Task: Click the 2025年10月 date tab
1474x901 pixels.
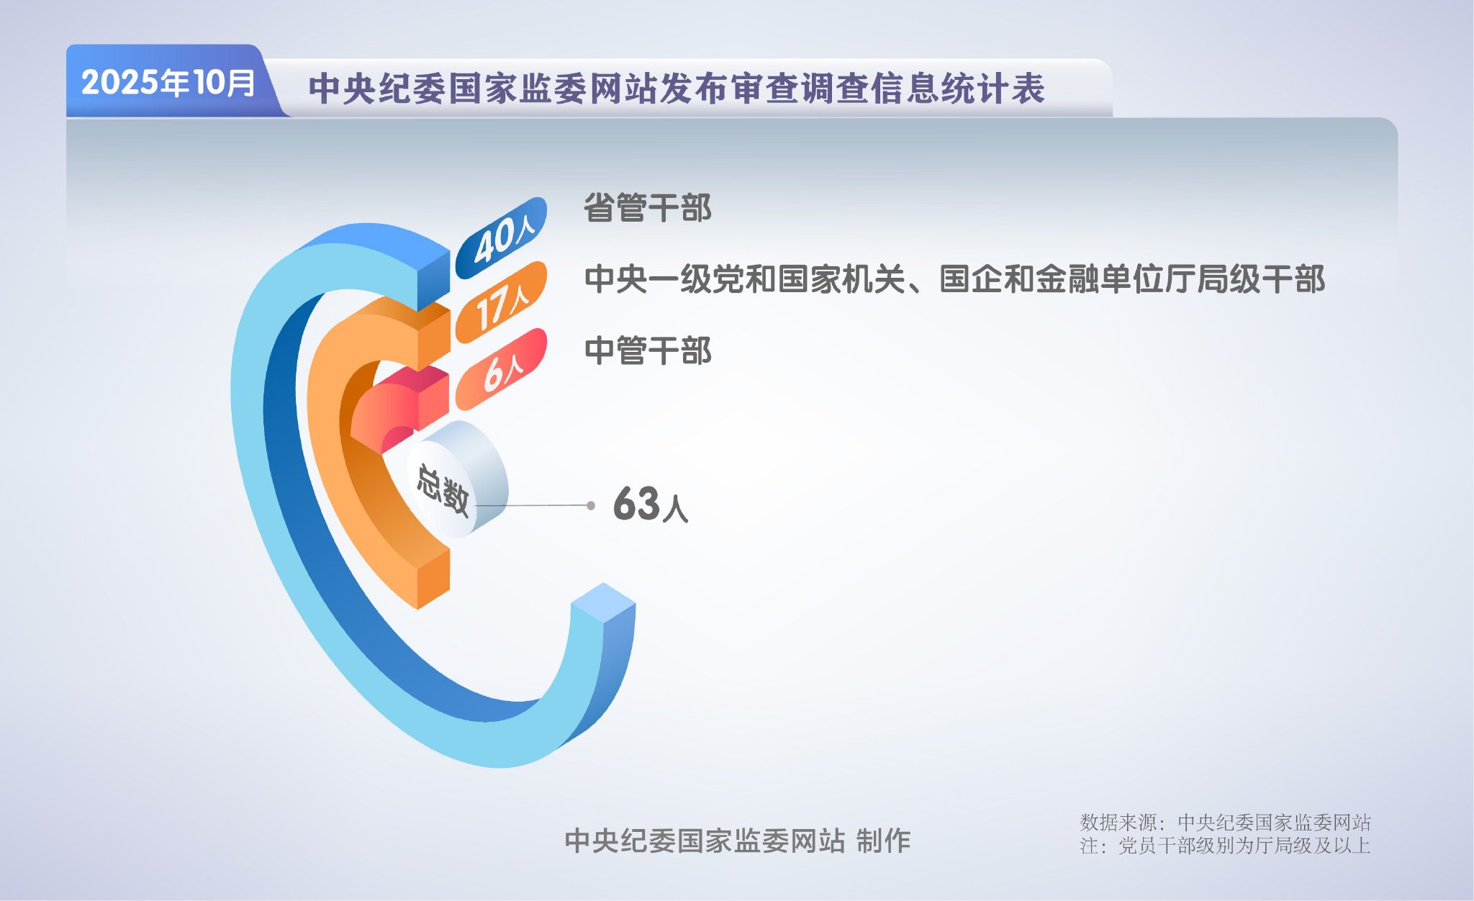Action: pyautogui.click(x=168, y=83)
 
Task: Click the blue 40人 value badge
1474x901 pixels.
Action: pyautogui.click(x=502, y=238)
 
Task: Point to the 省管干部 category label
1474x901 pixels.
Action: pyautogui.click(x=647, y=209)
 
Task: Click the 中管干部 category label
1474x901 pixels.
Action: pyautogui.click(x=647, y=351)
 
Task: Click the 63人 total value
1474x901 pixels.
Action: pyautogui.click(x=650, y=504)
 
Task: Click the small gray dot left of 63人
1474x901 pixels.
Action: pyautogui.click(x=591, y=506)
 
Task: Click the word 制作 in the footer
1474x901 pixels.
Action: pyautogui.click(x=883, y=841)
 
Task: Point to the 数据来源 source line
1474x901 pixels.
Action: pyautogui.click(x=1224, y=822)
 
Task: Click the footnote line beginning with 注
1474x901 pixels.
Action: pyautogui.click(x=1224, y=846)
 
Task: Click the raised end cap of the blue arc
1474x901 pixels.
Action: pyautogui.click(x=603, y=603)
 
